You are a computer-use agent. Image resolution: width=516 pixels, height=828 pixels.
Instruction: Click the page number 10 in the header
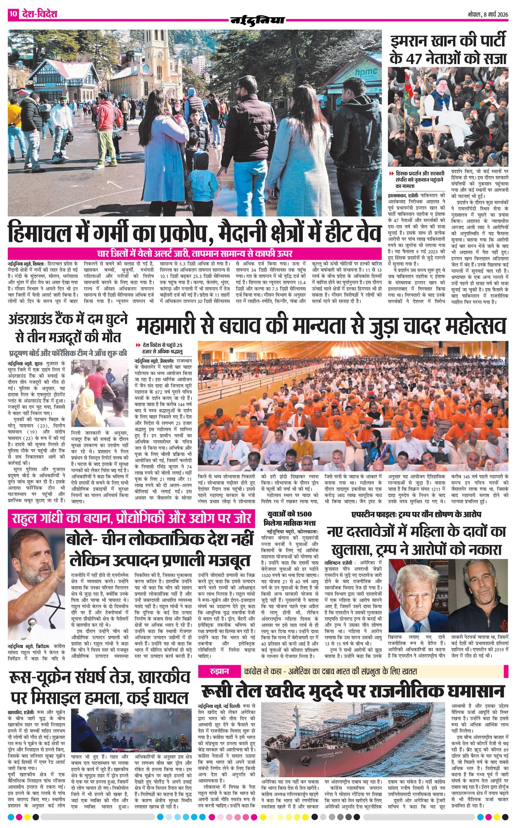[13, 14]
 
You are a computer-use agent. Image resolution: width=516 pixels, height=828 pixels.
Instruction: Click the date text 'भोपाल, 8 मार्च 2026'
[488, 14]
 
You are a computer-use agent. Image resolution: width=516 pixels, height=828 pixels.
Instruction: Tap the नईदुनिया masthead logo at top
[258, 20]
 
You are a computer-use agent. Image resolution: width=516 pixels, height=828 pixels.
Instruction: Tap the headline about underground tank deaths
[68, 329]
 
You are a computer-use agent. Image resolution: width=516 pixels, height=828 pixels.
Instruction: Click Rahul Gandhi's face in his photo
[40, 556]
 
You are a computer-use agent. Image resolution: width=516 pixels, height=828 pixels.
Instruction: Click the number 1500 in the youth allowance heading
[302, 514]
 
